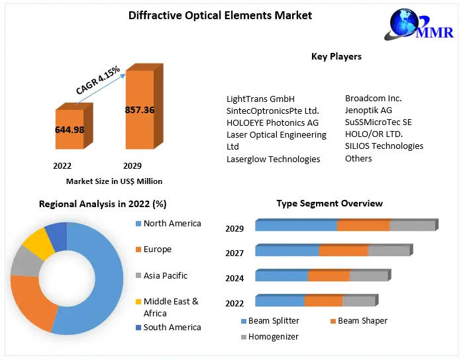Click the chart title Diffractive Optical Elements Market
[220, 15]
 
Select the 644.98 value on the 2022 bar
[70, 130]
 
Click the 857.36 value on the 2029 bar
[139, 110]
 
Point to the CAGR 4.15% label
[97, 79]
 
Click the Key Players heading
[336, 57]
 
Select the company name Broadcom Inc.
[373, 98]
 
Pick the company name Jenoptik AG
[368, 110]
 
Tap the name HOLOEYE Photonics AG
[272, 122]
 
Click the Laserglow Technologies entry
[273, 159]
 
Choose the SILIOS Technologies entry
[384, 146]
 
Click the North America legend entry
[171, 224]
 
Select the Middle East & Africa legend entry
[170, 307]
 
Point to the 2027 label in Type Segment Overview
[234, 253]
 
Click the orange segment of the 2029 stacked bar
[363, 226]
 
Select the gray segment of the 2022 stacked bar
[358, 301]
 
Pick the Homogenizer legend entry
[272, 337]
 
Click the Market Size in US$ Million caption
[114, 181]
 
